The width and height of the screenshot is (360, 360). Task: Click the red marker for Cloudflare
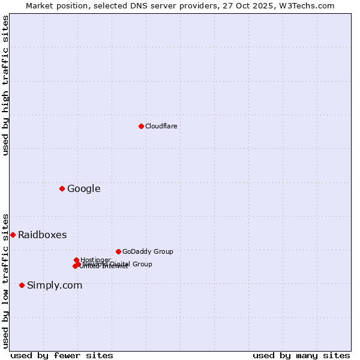[141, 126]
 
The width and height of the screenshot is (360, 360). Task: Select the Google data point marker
[62, 189]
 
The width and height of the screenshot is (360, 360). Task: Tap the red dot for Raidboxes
[13, 235]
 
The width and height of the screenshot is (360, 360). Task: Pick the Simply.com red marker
[22, 285]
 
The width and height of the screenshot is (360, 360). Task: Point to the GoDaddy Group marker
[118, 251]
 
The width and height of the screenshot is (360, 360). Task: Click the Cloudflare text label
[161, 126]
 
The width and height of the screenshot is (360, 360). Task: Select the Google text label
[83, 189]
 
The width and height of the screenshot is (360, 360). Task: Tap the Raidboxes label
[42, 235]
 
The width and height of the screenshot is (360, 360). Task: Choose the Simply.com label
[55, 285]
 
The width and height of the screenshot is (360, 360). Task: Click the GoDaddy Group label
[148, 251]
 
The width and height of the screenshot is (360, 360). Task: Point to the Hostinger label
[95, 260]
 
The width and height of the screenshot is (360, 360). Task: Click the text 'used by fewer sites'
[62, 355]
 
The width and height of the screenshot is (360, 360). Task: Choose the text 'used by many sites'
[301, 355]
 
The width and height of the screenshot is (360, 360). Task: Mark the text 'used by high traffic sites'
[6, 85]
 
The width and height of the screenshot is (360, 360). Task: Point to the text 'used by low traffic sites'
[6, 280]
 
